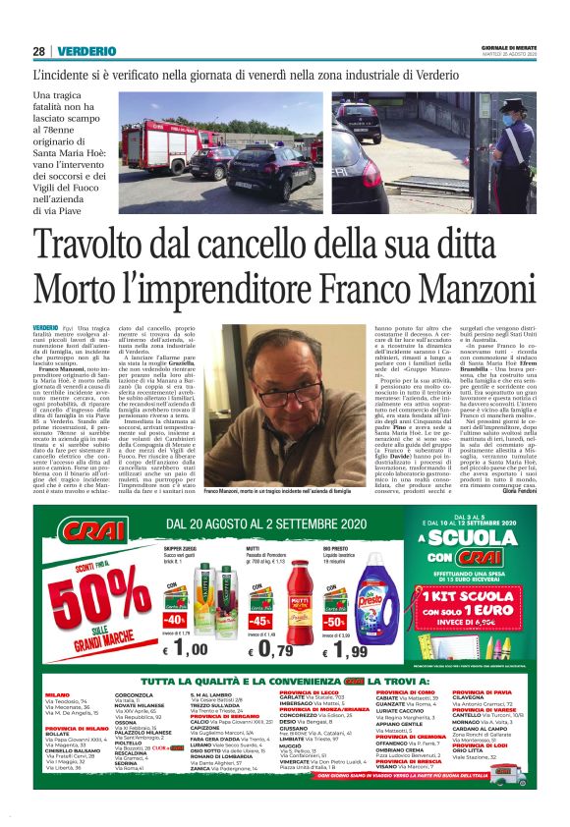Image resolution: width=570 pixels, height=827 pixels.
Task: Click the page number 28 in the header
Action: click(x=39, y=51)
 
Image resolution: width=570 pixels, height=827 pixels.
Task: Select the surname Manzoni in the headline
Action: click(x=472, y=288)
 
